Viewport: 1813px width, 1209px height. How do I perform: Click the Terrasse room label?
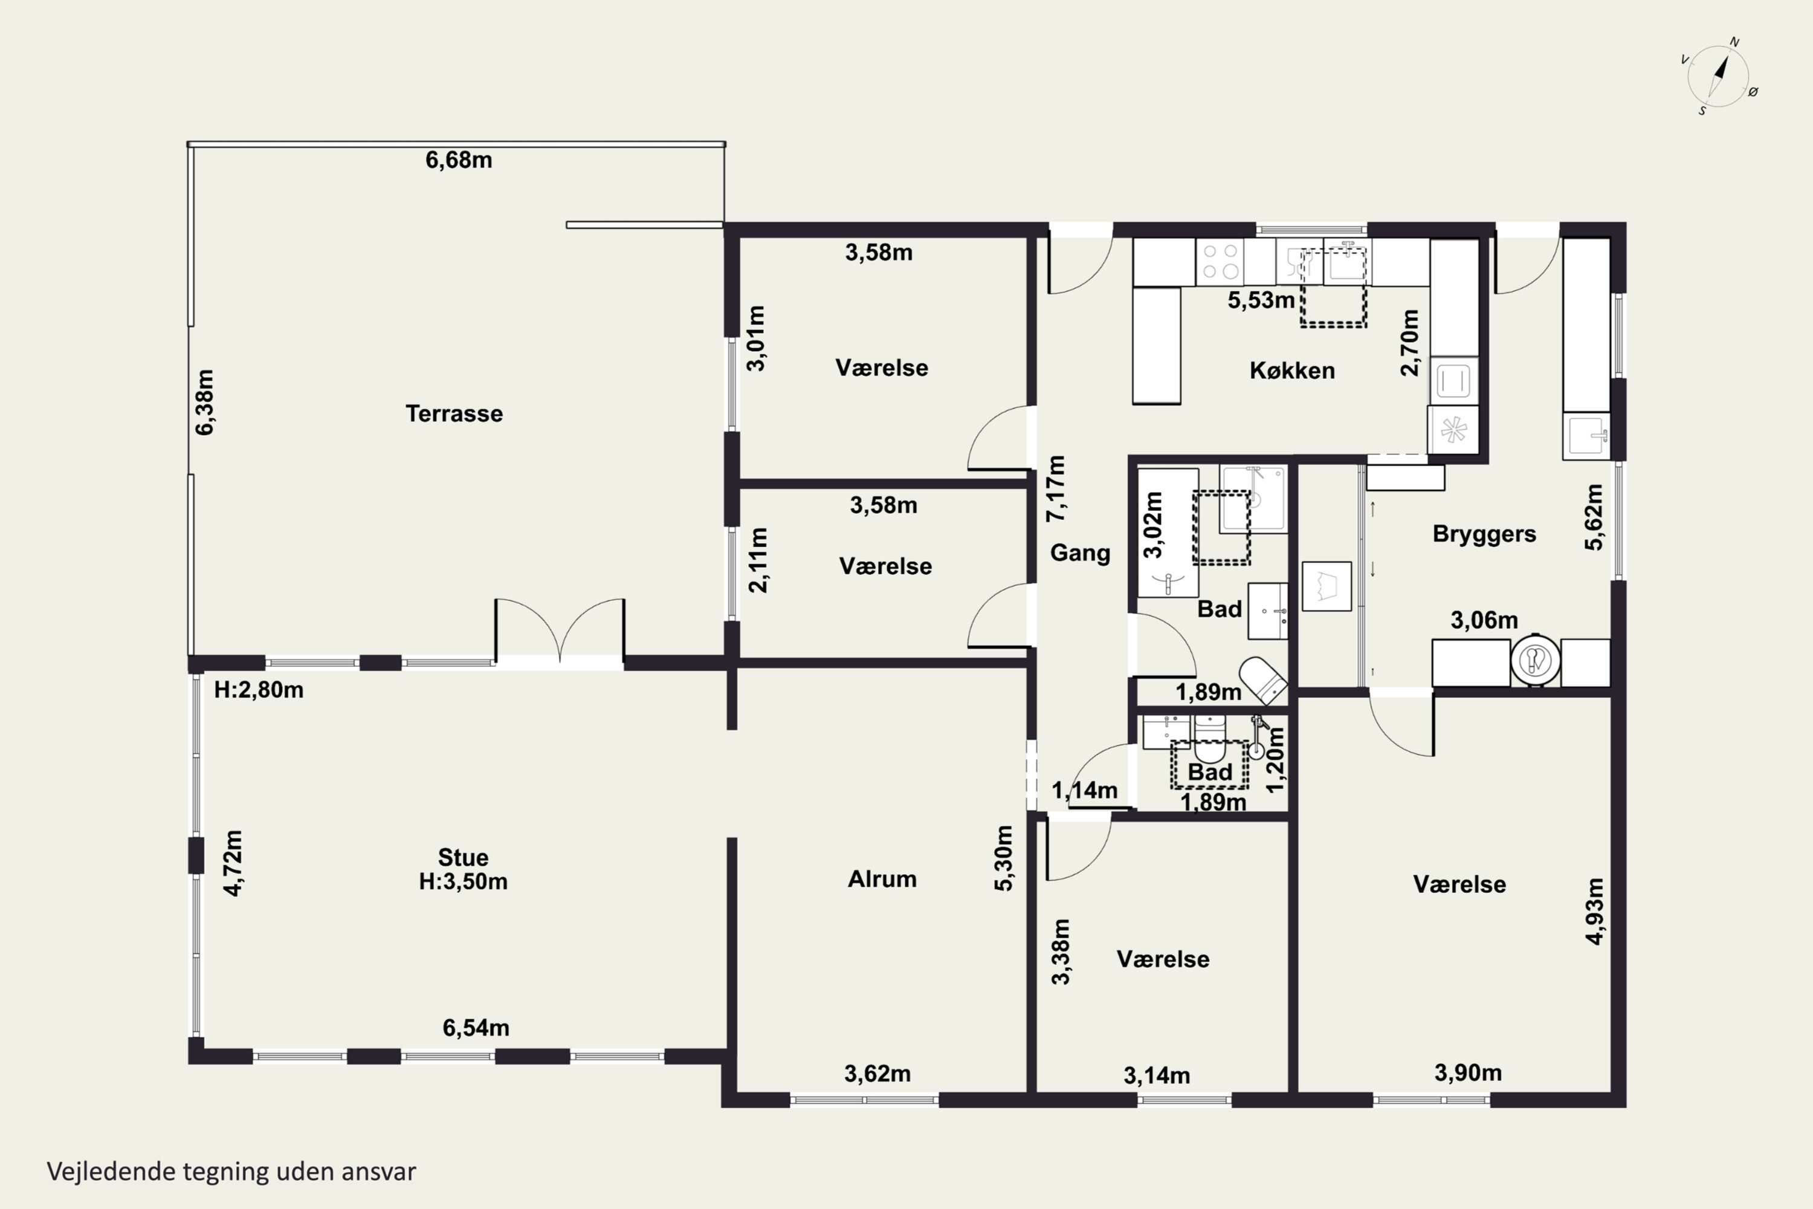coord(454,413)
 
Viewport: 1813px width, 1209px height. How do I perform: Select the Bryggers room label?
coord(1484,534)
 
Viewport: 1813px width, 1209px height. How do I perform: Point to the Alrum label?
coord(882,879)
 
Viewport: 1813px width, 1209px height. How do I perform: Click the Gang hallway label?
coord(1080,553)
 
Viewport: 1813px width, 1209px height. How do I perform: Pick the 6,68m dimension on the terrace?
coord(459,160)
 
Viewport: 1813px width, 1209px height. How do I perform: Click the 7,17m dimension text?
coord(1055,488)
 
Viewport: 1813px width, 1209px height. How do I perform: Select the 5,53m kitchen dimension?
coord(1261,300)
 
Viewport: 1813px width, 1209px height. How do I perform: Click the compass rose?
coord(1719,76)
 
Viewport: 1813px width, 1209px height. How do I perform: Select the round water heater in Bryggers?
coord(1536,661)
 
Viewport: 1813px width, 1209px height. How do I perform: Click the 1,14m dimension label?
coord(1085,790)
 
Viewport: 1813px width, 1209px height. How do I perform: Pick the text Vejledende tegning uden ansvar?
coord(231,1172)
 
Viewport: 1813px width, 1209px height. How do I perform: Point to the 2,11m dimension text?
coord(758,560)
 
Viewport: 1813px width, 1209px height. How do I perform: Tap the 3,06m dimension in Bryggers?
coord(1484,620)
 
